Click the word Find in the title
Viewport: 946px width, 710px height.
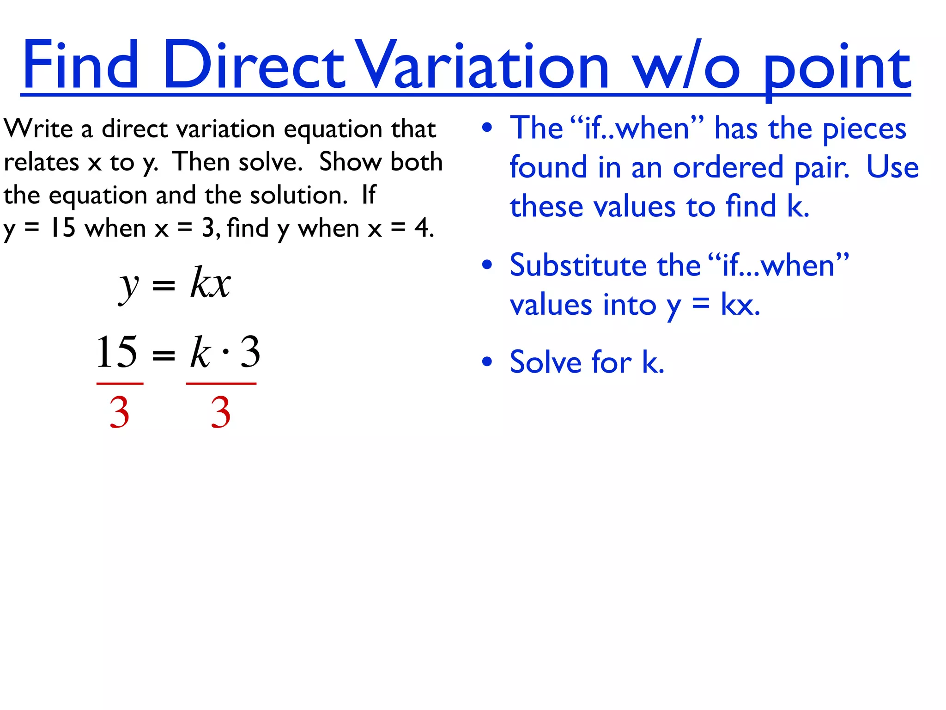coord(80,65)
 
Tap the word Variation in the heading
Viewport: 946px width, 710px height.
coord(483,65)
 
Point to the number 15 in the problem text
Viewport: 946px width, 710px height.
coord(63,228)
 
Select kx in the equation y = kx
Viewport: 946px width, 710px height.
coord(210,283)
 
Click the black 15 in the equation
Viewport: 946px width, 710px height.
coord(116,352)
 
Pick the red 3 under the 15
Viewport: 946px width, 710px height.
coord(119,412)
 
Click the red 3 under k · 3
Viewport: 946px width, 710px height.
coord(220,412)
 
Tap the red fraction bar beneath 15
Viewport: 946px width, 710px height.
coord(120,383)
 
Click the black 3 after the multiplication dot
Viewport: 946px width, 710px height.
coord(250,352)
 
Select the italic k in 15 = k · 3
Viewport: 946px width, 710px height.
coord(200,352)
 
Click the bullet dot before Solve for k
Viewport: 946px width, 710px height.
coord(487,361)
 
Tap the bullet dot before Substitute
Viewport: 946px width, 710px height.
coord(487,265)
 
